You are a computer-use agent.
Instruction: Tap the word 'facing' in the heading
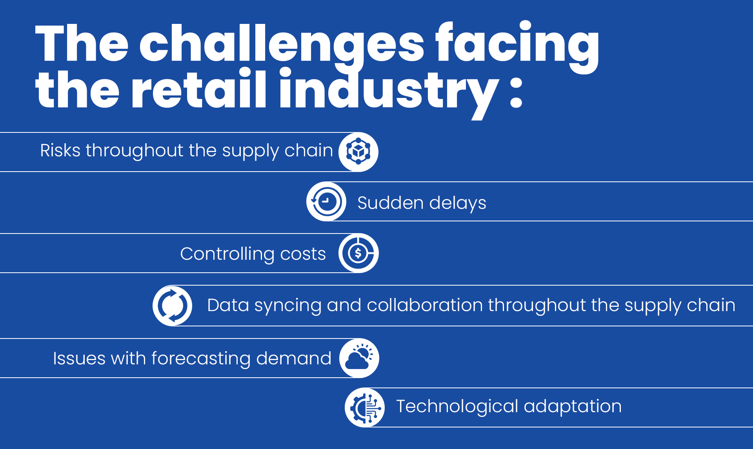click(x=517, y=46)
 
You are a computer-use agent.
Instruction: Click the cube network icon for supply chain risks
click(x=358, y=152)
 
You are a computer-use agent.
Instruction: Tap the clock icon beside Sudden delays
click(x=326, y=201)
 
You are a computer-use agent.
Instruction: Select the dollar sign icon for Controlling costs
click(x=358, y=253)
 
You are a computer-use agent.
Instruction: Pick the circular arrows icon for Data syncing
click(x=173, y=306)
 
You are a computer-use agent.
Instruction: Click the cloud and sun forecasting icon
click(x=359, y=358)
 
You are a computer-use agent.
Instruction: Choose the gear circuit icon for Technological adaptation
click(x=365, y=407)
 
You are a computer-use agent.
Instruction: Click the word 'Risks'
click(x=60, y=150)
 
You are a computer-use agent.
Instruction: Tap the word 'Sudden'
click(x=391, y=203)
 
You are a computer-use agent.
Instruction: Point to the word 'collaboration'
click(x=425, y=305)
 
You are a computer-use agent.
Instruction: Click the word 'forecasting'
click(x=201, y=359)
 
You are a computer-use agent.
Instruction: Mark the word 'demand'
click(x=294, y=358)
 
